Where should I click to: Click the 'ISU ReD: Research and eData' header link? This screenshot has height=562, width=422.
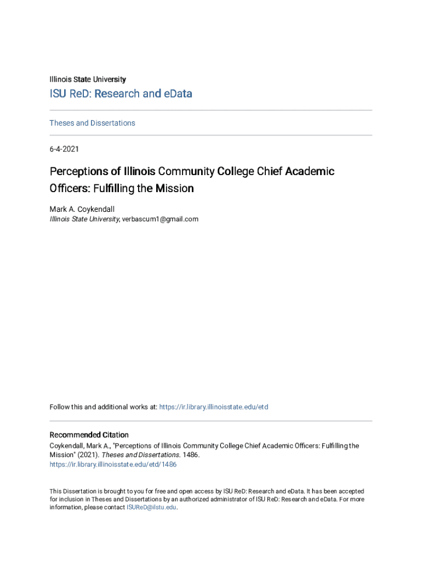coord(121,94)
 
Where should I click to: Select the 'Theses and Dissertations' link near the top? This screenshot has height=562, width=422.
coord(92,123)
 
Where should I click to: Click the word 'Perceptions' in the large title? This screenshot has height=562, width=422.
coord(78,171)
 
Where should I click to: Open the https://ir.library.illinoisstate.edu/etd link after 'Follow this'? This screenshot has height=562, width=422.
coord(213,407)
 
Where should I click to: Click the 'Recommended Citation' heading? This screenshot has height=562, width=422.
coord(89,435)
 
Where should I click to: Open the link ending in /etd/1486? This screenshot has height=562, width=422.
coord(113,464)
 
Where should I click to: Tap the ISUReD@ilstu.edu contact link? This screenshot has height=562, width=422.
coord(151,507)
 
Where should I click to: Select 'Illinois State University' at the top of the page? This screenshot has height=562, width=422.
coord(88,80)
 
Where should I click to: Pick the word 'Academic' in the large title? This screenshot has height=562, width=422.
coord(310,171)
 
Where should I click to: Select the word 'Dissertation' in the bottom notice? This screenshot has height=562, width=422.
coord(81,491)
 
